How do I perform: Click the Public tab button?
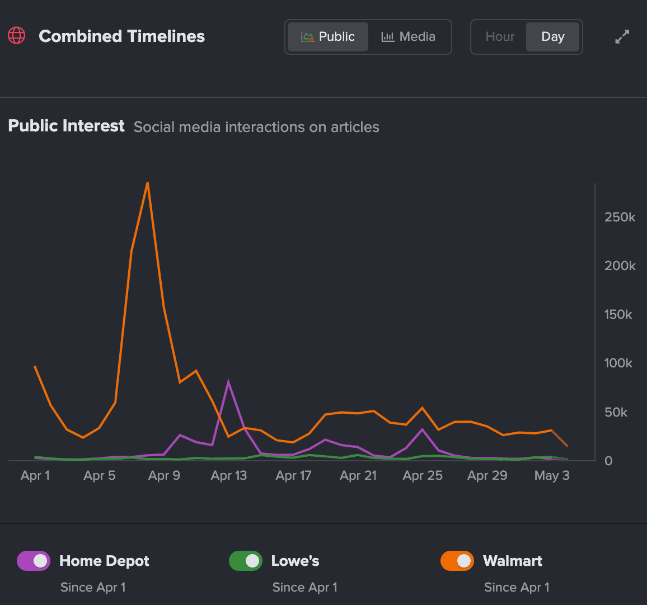pos(328,37)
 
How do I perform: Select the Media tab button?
pos(409,37)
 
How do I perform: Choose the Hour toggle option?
pos(499,37)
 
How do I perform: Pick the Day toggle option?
pos(552,37)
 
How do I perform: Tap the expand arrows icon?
pos(622,37)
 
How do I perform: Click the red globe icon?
pos(17,36)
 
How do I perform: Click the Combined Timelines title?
pos(121,36)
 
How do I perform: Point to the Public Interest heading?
pos(66,126)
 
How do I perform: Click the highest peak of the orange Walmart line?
pos(148,183)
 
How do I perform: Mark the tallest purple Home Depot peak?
pos(228,382)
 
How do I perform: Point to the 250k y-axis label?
pos(620,217)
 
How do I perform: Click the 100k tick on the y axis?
pos(618,363)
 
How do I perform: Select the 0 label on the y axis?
pos(608,461)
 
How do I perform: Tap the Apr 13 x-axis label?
pos(228,475)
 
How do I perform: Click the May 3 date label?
pos(551,475)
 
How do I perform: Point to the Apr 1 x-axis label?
pos(35,475)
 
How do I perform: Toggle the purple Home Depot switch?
pos(34,561)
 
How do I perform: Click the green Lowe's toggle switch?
pos(245,561)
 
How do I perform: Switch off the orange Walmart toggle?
pos(457,561)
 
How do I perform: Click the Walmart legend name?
pos(512,561)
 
